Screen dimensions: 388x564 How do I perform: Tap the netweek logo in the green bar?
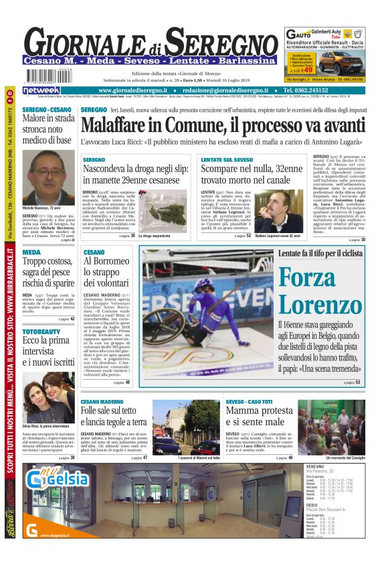(x=41, y=90)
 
